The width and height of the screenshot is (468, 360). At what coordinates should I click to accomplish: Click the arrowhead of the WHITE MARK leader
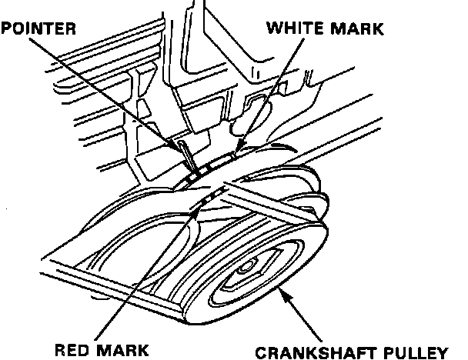coord(236,152)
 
